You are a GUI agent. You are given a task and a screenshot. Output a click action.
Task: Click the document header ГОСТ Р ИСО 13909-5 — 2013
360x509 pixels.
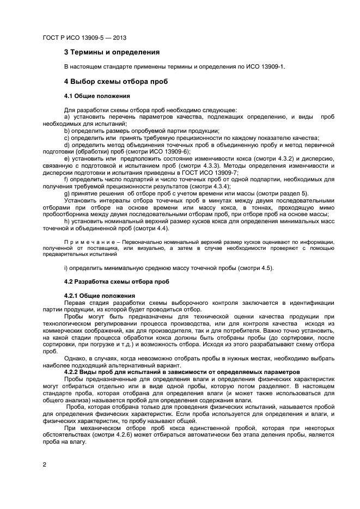(x=84, y=38)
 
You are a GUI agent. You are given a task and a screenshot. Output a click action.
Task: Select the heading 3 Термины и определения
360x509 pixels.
(x=112, y=52)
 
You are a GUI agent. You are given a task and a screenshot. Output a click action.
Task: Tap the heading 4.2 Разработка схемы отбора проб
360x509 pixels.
(x=117, y=281)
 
